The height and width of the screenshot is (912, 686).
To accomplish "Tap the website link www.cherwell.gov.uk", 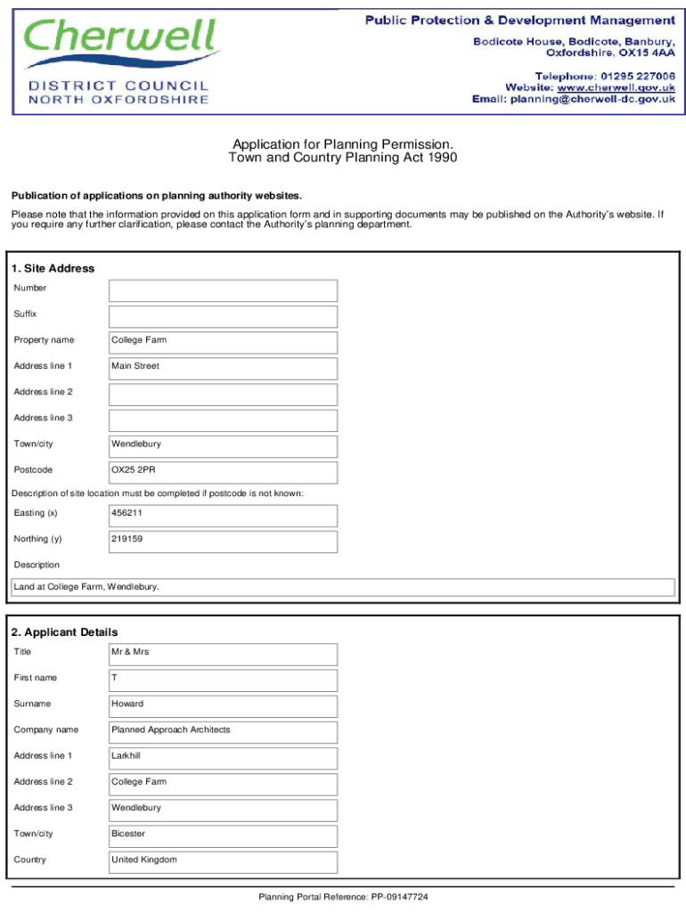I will pyautogui.click(x=616, y=87).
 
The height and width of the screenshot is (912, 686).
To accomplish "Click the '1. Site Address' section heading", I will pyautogui.click(x=53, y=268).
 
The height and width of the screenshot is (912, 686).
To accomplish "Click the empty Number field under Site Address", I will pyautogui.click(x=223, y=290).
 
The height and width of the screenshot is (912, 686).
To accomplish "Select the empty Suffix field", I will pyautogui.click(x=223, y=316).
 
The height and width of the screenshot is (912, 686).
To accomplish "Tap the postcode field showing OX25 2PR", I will pyautogui.click(x=223, y=472).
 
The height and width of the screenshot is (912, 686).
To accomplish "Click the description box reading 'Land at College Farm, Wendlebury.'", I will pyautogui.click(x=343, y=587).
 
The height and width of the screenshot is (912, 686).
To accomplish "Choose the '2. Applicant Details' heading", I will pyautogui.click(x=64, y=632).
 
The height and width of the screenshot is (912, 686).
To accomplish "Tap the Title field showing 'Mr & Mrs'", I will pyautogui.click(x=223, y=655).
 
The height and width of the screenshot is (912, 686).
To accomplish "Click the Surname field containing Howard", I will pyautogui.click(x=223, y=706).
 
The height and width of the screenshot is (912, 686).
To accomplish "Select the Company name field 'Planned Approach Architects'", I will pyautogui.click(x=223, y=732).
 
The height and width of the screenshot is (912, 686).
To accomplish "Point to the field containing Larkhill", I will pyautogui.click(x=223, y=758).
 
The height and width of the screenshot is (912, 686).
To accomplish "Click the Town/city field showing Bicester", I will pyautogui.click(x=223, y=836).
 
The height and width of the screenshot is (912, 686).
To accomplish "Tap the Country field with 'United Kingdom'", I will pyautogui.click(x=223, y=862).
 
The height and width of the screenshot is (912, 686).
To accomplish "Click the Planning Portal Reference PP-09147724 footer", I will pyautogui.click(x=343, y=897).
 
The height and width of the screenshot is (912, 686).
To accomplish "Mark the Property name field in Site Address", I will pyautogui.click(x=223, y=342).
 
